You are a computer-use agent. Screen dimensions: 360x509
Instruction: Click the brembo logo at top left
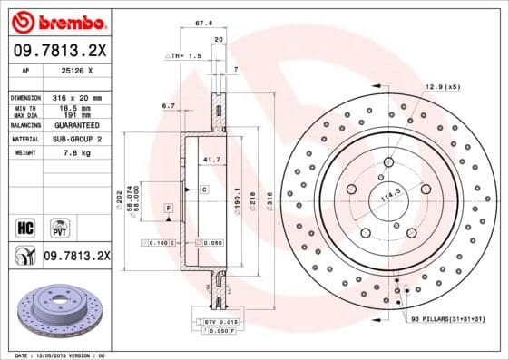[x=56, y=21]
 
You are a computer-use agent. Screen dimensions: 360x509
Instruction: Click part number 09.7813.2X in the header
[x=56, y=52]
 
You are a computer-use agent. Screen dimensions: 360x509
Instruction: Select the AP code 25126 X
[x=82, y=70]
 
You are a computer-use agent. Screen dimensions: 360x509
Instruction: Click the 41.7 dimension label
[x=210, y=160]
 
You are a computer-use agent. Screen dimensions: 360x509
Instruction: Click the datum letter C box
[x=204, y=190]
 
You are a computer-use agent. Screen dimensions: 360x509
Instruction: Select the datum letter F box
[x=169, y=209]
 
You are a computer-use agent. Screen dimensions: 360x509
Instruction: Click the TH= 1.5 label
[x=186, y=56]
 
